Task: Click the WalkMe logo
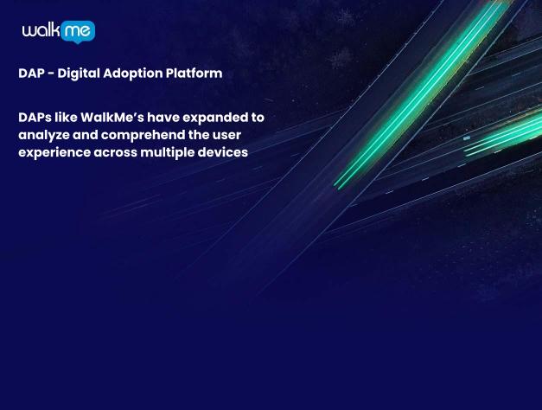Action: click(58, 31)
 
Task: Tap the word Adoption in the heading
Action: click(137, 74)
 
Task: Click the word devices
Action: click(225, 152)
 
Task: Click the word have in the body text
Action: click(163, 117)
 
